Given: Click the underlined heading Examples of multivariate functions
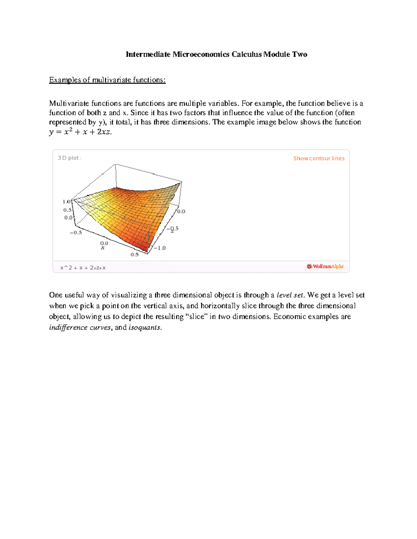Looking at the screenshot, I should point(107,80).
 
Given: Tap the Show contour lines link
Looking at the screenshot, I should point(319,158).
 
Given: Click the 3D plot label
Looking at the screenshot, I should point(69,158).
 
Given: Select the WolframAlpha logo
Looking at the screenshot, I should point(325,267).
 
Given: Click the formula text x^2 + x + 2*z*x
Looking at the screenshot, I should point(83,268).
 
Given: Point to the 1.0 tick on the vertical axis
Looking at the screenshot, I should point(66,202).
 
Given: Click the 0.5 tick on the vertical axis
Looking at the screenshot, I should point(67,210).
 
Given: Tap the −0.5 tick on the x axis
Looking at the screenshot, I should point(76,233).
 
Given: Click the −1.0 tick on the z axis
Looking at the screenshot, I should point(160,248).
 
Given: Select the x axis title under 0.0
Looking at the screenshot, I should point(103,248).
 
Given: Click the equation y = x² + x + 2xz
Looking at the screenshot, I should point(80,132).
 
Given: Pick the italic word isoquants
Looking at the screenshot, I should point(145,328).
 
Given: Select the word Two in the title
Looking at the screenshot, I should point(300,54).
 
